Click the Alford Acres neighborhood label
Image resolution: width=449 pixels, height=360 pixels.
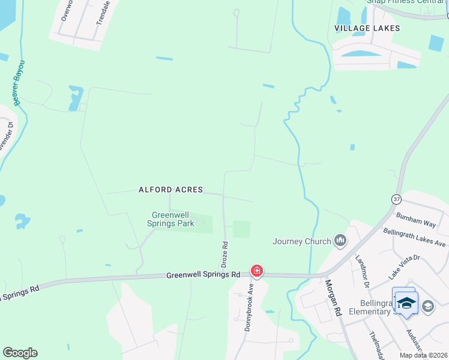click(170, 190)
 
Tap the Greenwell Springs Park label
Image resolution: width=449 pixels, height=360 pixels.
click(172, 219)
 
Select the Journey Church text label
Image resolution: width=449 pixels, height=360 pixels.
click(302, 241)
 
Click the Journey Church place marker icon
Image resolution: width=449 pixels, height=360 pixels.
click(341, 241)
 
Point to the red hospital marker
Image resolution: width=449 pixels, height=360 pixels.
click(257, 271)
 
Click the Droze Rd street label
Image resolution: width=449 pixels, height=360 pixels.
click(225, 254)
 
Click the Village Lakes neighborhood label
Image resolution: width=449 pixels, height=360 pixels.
click(367, 28)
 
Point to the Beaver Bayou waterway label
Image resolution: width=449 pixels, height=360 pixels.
click(20, 82)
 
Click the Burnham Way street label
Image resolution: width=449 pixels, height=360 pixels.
click(415, 220)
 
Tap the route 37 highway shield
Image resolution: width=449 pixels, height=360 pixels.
click(396, 199)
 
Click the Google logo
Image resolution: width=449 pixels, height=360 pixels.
click(20, 353)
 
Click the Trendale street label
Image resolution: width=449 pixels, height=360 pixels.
click(104, 12)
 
